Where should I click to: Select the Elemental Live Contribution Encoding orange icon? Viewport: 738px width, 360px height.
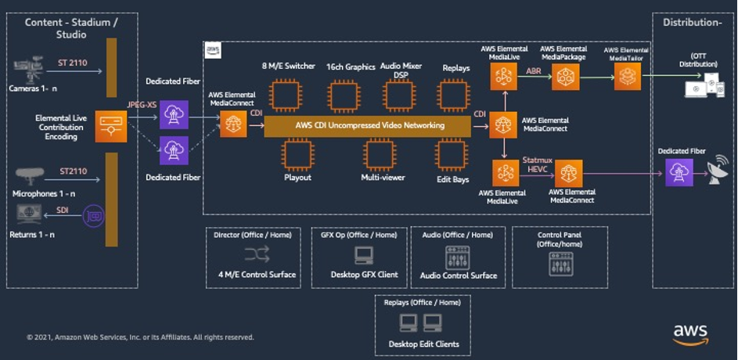pyautogui.click(x=110, y=126)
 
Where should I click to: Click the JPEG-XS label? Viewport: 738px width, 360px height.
pyautogui.click(x=143, y=103)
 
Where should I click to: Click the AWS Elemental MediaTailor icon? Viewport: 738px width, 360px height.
pyautogui.click(x=627, y=77)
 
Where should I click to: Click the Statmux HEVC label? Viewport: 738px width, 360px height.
pyautogui.click(x=538, y=164)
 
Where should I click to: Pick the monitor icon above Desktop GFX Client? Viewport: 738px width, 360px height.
pyautogui.click(x=363, y=255)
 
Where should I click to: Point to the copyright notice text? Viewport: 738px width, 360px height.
pyautogui.click(x=140, y=337)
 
